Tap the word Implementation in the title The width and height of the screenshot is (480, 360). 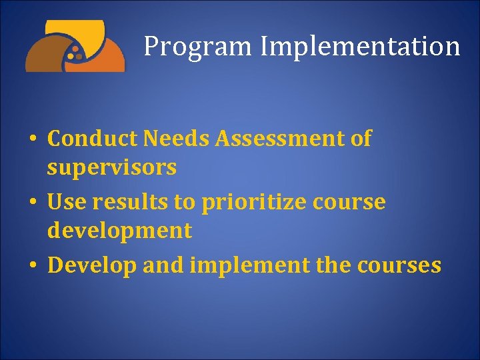tap(360, 47)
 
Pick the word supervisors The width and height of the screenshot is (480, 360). tap(111, 167)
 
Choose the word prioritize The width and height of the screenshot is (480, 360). tap(253, 203)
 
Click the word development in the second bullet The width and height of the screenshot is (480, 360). tap(119, 231)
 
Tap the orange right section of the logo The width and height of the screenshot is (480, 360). tap(110, 58)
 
